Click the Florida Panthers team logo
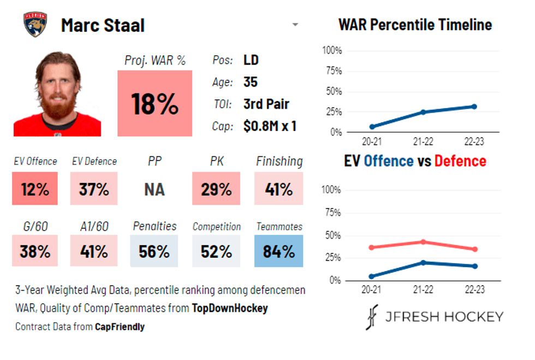[x=35, y=25]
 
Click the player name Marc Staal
[x=103, y=25]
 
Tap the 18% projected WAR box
[x=154, y=103]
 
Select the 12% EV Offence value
[x=35, y=189]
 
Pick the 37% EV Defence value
[x=93, y=189]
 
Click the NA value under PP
[x=154, y=189]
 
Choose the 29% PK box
[x=216, y=189]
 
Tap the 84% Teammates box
[x=279, y=251]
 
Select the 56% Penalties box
[x=154, y=251]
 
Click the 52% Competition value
[x=216, y=251]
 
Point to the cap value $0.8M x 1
[x=270, y=126]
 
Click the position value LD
[x=251, y=60]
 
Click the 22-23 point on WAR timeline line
[x=474, y=107]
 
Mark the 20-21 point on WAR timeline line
[x=372, y=127]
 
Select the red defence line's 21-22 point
[x=423, y=241]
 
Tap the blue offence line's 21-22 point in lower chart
[x=423, y=263]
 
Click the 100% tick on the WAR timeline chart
[x=332, y=51]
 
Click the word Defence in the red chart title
[x=460, y=161]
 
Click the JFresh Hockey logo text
[x=443, y=317]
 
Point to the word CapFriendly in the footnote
[x=119, y=327]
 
